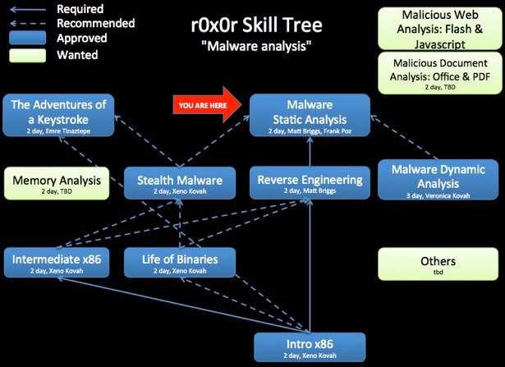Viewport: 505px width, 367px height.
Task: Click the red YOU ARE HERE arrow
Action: [207, 105]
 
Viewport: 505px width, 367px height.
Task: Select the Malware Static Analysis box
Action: [310, 115]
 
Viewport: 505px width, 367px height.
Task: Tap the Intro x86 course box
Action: [310, 347]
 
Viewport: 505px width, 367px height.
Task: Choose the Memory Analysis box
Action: [57, 183]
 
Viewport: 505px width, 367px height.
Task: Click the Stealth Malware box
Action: [180, 183]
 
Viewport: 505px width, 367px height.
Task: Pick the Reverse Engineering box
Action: [310, 182]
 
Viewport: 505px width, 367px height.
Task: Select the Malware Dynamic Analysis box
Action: [438, 180]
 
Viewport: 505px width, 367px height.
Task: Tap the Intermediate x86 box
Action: [57, 263]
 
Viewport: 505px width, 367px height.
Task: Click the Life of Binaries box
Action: [180, 263]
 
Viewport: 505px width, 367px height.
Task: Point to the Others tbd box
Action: [438, 264]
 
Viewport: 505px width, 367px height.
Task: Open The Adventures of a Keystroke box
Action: [58, 115]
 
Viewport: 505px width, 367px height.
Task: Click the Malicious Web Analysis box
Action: [440, 29]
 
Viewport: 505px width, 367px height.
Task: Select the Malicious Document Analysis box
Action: [440, 73]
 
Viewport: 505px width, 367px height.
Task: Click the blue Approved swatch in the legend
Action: [27, 38]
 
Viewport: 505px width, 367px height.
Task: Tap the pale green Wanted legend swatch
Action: [27, 55]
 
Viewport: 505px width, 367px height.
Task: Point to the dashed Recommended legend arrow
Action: [28, 24]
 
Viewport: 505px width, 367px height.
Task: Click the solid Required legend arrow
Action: [28, 10]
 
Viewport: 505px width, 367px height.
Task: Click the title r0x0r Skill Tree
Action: [256, 25]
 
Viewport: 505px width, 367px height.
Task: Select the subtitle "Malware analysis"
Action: [256, 46]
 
